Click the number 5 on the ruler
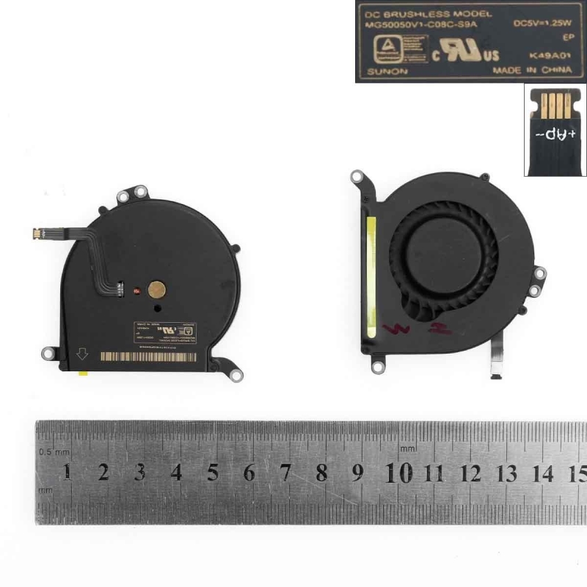[x=213, y=473]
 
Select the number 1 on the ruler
[x=68, y=472]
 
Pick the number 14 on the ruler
[x=543, y=473]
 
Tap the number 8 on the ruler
[x=321, y=473]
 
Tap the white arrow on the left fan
[x=82, y=355]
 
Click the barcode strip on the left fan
[x=147, y=356]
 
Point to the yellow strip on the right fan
[x=371, y=275]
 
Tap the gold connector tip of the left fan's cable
[x=34, y=234]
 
